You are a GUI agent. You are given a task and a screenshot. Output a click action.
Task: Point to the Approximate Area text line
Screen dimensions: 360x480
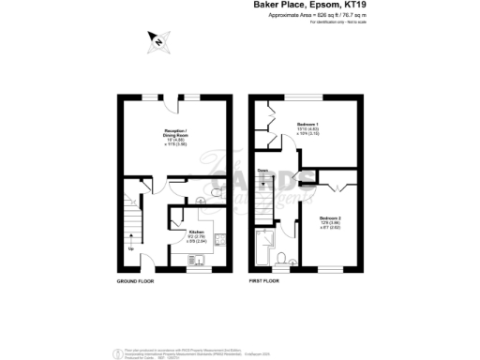(x=304, y=16)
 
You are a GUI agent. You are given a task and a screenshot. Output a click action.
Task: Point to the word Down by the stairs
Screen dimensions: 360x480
(x=263, y=171)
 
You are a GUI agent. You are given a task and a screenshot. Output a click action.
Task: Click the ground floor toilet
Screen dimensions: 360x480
(x=215, y=193)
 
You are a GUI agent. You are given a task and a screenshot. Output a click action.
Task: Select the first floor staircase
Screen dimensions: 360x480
(x=265, y=197)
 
